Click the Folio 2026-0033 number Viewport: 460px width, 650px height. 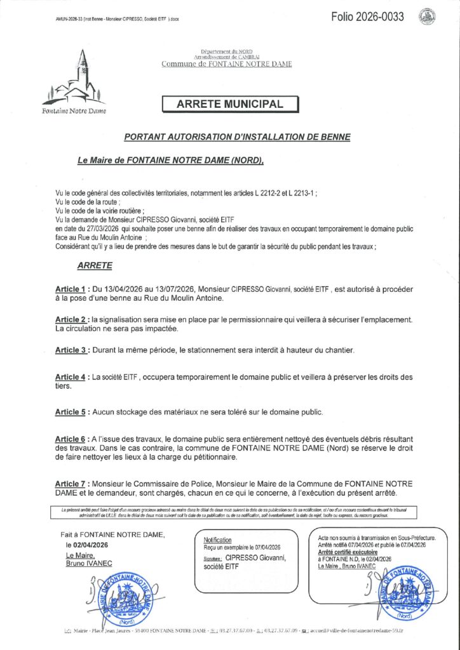click(367, 17)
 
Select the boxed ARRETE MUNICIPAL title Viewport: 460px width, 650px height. click(229, 103)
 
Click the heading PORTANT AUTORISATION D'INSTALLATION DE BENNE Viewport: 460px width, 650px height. click(237, 136)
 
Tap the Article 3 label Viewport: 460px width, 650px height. click(71, 350)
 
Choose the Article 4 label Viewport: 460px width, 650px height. click(71, 377)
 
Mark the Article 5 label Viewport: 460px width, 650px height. click(71, 412)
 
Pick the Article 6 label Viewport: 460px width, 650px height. click(71, 439)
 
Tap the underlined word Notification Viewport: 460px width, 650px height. click(217, 540)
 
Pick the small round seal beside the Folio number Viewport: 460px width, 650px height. click(427, 17)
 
